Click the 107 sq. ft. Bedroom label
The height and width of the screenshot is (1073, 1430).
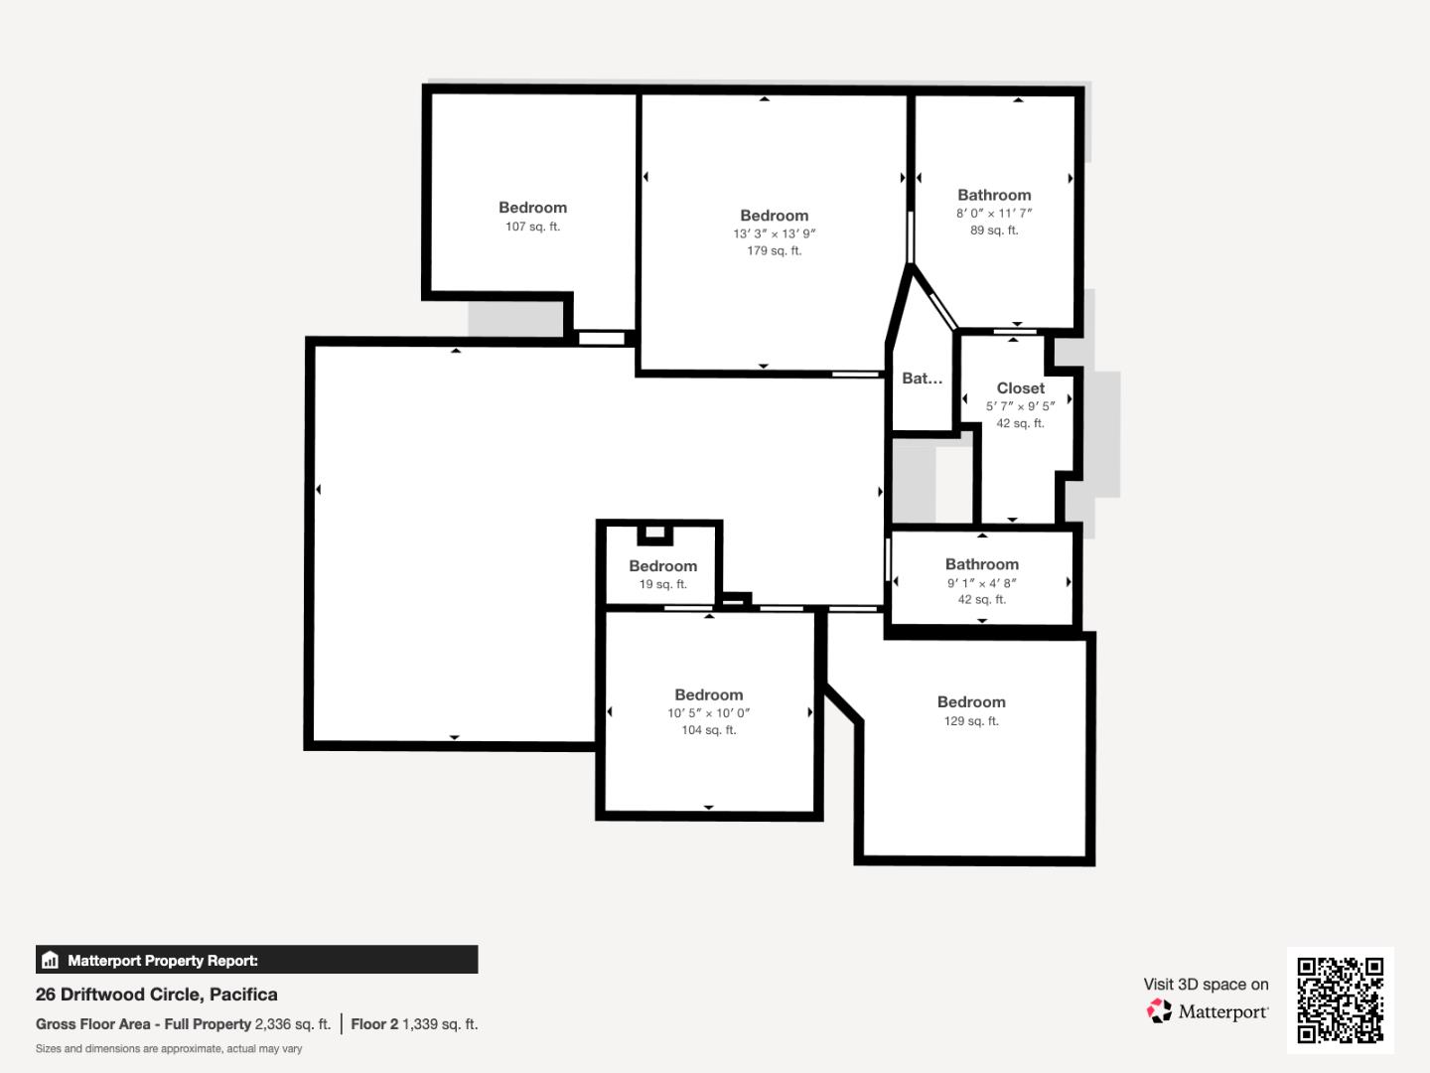532,208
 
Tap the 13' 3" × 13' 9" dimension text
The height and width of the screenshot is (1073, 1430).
774,234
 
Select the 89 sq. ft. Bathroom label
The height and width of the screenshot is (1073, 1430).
994,196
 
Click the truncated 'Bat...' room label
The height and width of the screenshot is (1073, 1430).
922,379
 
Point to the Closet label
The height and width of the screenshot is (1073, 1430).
1020,388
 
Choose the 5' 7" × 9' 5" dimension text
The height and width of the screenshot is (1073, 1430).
1020,406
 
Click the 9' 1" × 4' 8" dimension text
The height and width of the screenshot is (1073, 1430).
981,583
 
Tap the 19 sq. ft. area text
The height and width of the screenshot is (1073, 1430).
662,584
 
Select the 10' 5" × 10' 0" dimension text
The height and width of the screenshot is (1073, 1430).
708,713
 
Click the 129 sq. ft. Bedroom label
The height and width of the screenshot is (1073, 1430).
971,702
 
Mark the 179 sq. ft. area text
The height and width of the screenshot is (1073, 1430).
774,251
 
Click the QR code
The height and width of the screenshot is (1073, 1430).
1340,999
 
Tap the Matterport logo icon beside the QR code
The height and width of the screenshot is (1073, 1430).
1159,1011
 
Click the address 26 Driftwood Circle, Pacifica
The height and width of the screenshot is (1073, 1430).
157,995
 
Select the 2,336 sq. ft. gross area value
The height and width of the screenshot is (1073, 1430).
292,1024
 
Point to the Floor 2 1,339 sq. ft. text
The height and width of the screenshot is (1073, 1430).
414,1024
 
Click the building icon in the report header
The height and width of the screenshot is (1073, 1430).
51,961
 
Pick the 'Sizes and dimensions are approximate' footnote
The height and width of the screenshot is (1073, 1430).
169,1049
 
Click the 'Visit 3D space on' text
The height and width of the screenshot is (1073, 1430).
1206,985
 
